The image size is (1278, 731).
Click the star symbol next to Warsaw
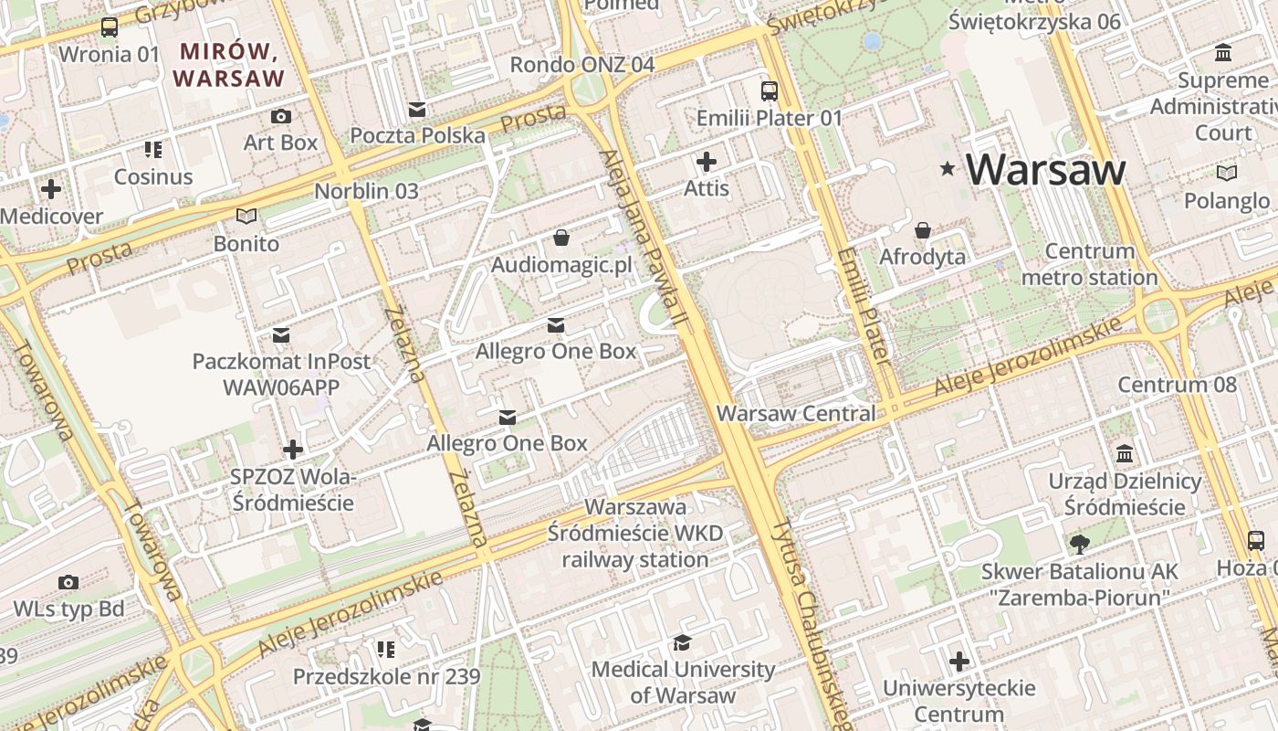tap(948, 168)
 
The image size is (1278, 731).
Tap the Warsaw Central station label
tap(795, 413)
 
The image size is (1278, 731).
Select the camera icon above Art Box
tap(281, 116)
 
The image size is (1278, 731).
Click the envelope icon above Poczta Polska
tap(417, 110)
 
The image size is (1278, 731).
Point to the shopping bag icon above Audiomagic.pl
tap(561, 238)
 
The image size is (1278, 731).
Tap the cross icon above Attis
tap(707, 162)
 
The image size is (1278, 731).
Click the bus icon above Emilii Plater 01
tap(770, 91)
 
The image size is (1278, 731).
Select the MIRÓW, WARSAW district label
tap(230, 65)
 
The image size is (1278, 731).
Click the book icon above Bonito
tap(246, 217)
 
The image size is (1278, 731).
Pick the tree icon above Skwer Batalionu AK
tap(1079, 545)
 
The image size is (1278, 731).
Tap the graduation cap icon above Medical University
tap(682, 642)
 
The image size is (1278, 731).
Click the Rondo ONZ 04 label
tap(581, 65)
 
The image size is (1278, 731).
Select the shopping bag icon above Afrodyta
tap(923, 230)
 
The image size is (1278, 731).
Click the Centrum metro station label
tap(1089, 264)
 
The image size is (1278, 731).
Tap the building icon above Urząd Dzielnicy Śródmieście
tap(1125, 454)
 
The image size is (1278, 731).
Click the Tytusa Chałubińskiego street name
tap(809, 621)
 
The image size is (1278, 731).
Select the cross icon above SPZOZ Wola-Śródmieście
tap(292, 450)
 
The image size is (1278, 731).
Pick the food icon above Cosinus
tap(153, 150)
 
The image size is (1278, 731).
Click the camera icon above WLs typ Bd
tap(68, 582)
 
